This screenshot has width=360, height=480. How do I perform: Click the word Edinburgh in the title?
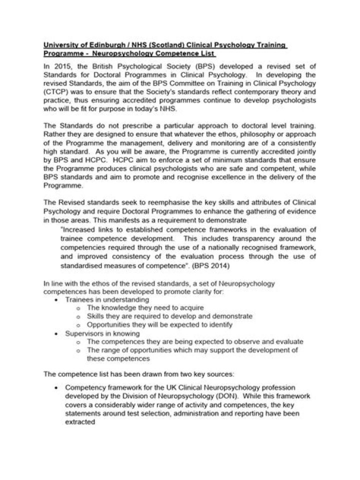point(99,45)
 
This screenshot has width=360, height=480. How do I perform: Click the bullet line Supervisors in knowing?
point(103,333)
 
